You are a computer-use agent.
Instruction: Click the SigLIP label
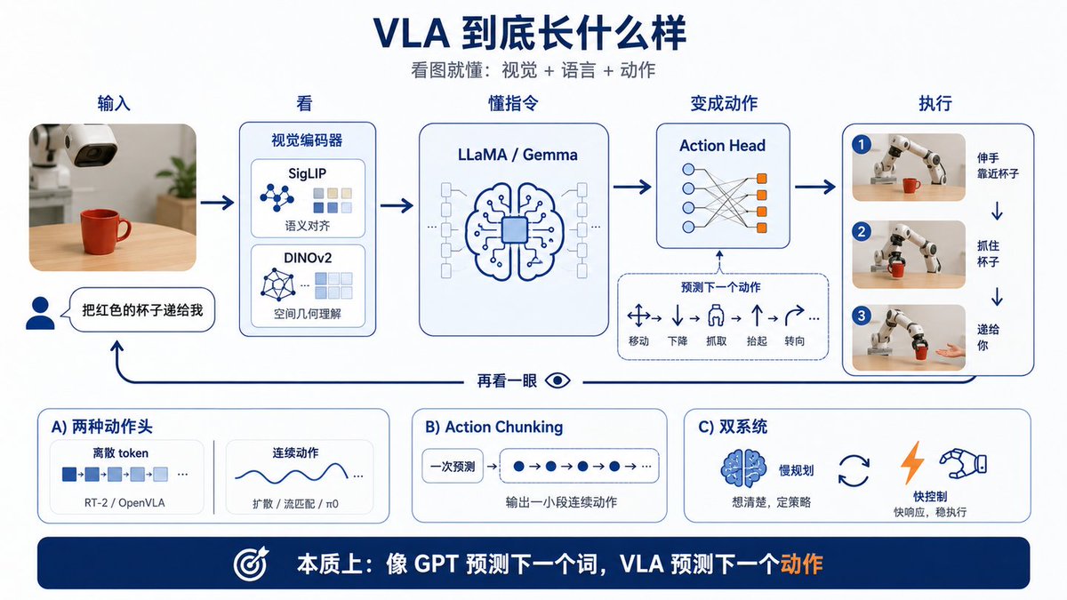[308, 174]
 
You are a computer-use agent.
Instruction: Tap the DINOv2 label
[308, 258]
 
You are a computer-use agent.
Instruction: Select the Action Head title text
[722, 146]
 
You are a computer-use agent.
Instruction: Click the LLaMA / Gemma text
[517, 155]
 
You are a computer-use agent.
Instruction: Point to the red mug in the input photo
[103, 232]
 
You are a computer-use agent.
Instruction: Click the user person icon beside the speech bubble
[40, 313]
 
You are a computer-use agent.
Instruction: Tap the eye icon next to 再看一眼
[558, 380]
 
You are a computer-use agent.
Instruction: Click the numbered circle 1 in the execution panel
[862, 145]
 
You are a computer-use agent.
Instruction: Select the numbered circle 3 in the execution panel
[862, 316]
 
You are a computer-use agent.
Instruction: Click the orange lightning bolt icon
[912, 462]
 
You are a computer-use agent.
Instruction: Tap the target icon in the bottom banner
[251, 564]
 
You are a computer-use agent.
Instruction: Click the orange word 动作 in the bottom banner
[801, 564]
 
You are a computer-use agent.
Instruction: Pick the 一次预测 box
[453, 466]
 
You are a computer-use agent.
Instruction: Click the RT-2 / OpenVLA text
[124, 503]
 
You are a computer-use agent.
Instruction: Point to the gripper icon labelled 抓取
[716, 316]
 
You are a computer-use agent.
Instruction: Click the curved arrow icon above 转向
[794, 316]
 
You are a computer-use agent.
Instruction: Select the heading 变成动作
[724, 103]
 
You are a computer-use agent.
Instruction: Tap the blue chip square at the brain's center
[515, 230]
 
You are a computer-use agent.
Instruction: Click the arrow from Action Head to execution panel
[815, 187]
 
